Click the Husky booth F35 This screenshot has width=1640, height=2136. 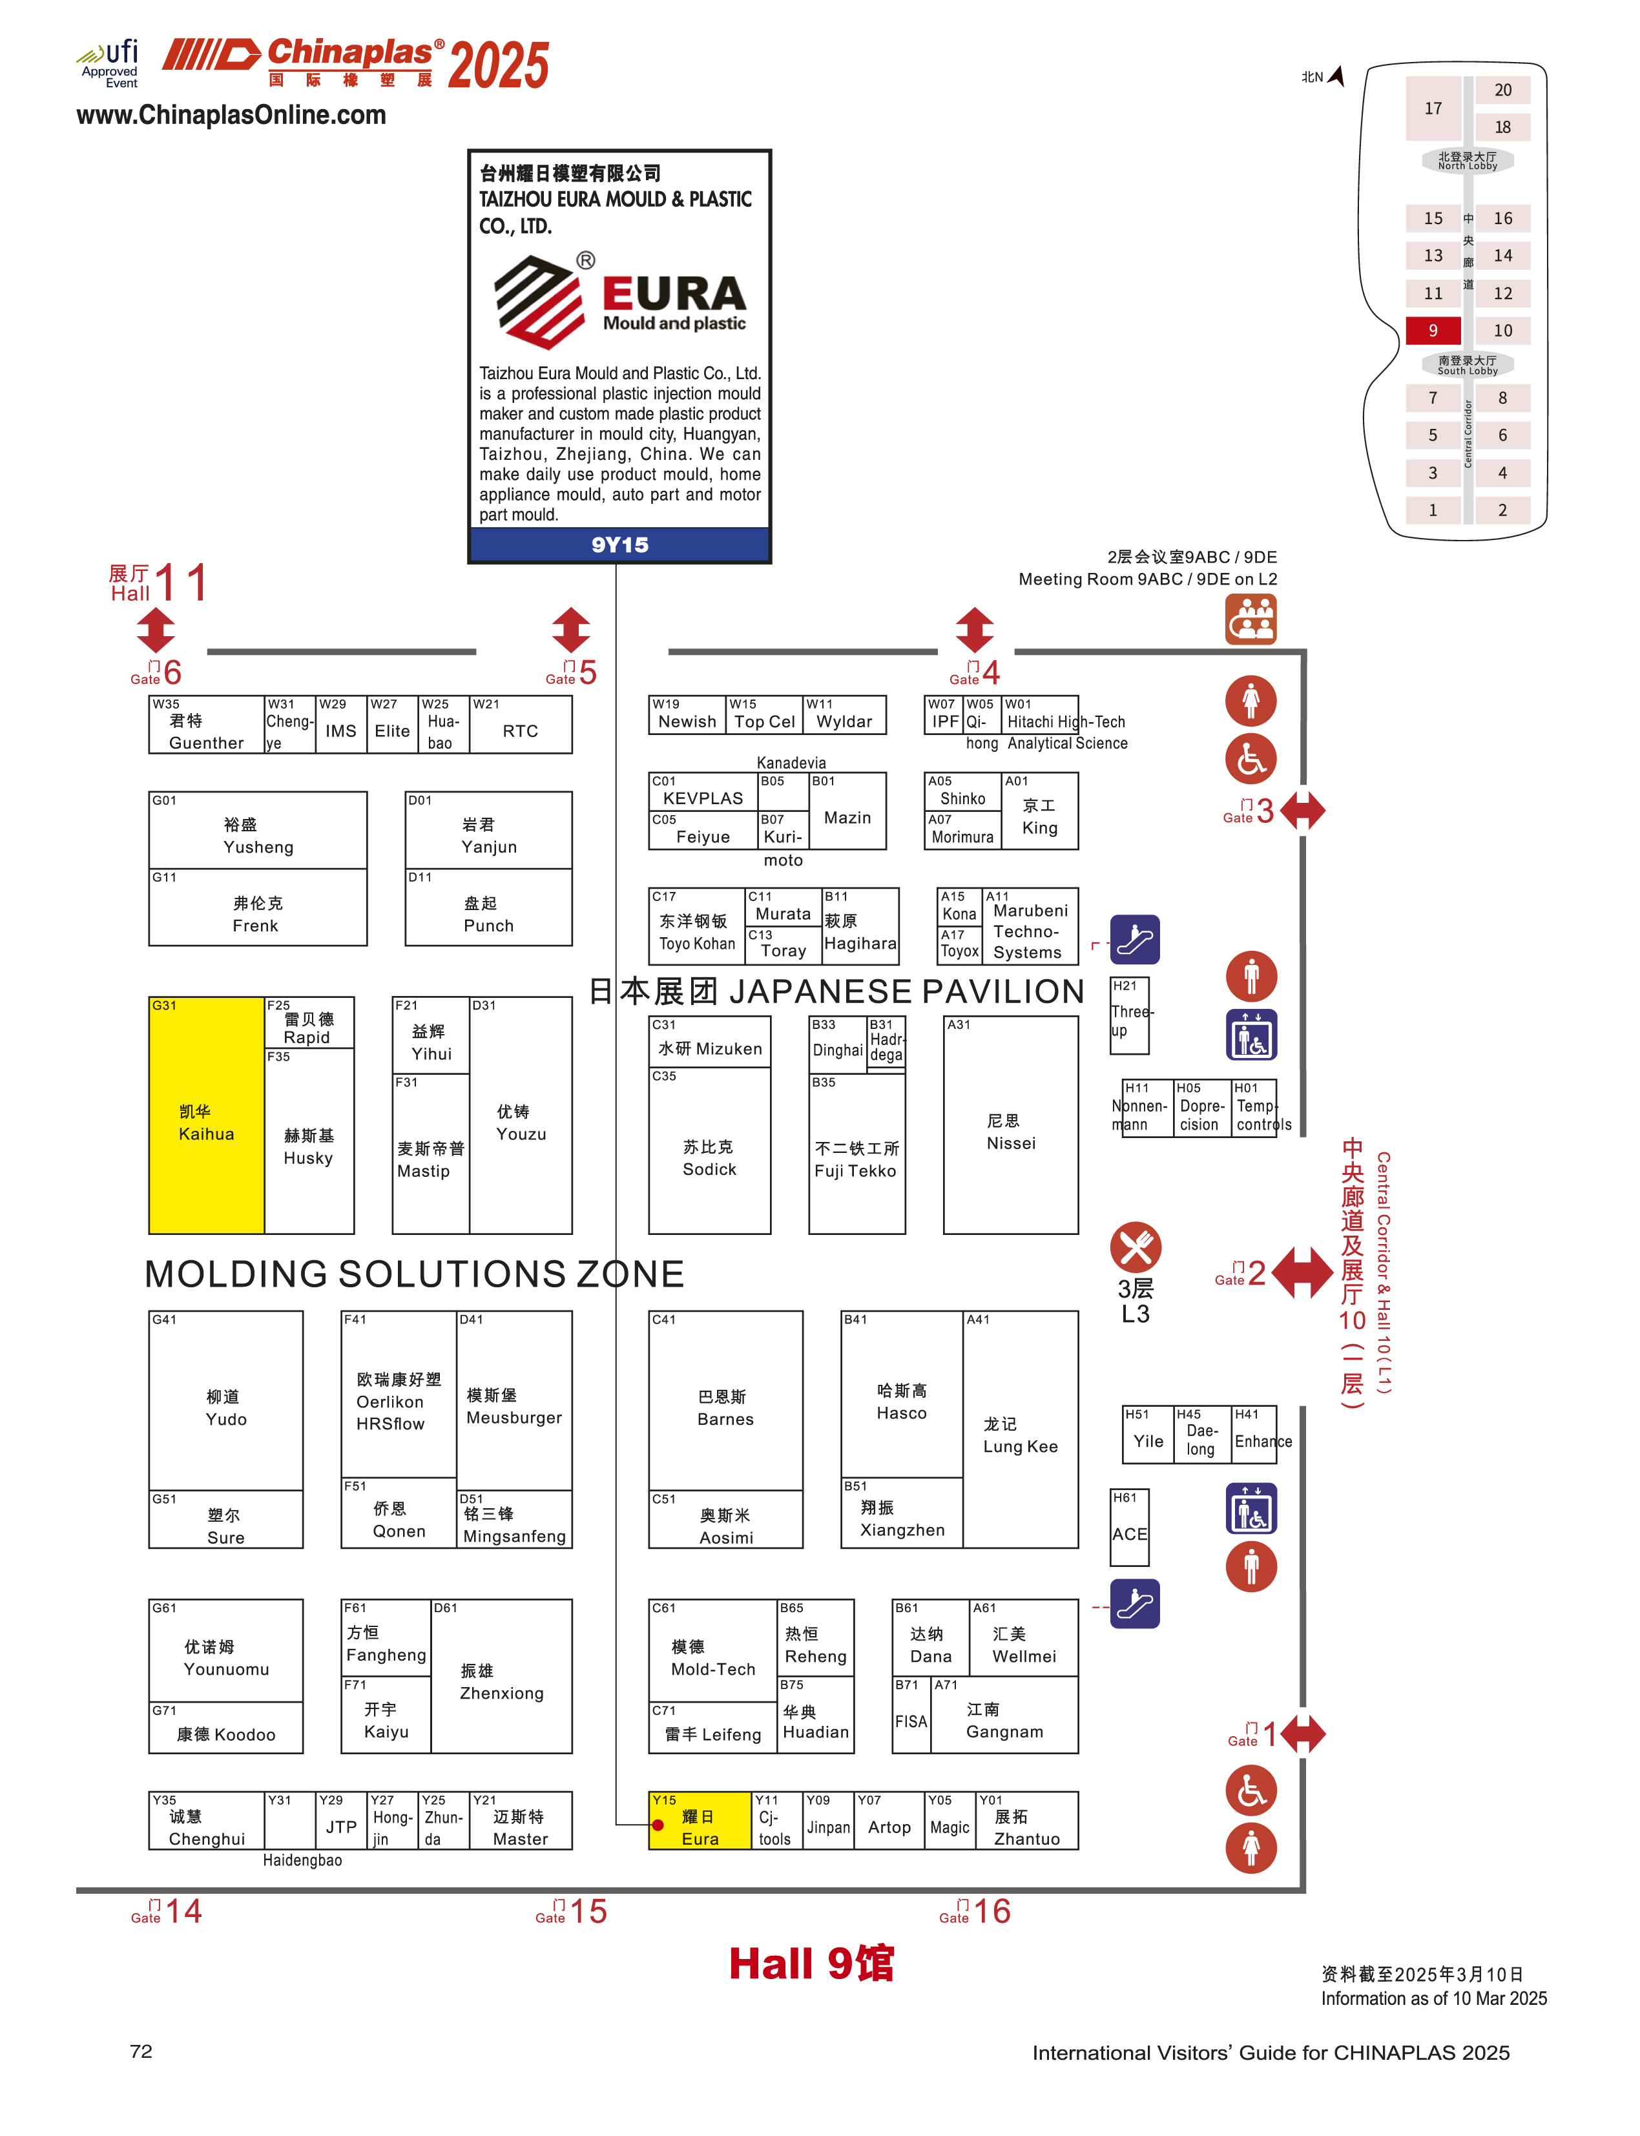309,1142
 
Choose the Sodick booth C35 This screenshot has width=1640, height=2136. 710,1152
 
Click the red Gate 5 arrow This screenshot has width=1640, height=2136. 571,630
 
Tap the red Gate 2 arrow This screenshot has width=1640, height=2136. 1302,1271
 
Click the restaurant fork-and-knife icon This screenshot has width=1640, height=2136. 1136,1247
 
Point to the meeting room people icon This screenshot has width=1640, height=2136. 1251,619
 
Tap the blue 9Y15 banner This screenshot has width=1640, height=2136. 620,544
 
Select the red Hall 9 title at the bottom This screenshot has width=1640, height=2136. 811,1963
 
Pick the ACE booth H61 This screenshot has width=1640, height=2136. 1130,1527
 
